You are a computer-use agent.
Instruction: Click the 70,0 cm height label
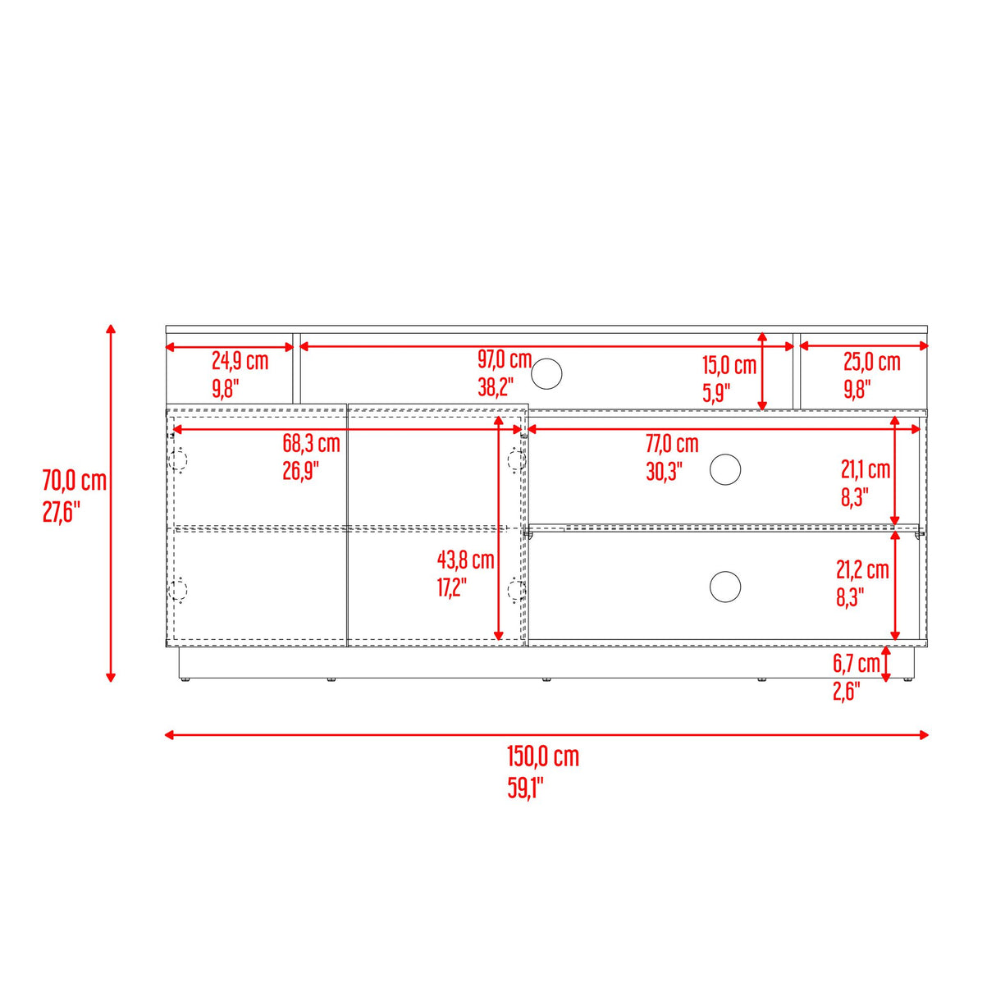[75, 480]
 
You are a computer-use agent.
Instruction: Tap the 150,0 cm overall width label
[543, 756]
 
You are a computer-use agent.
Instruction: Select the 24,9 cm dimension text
[240, 361]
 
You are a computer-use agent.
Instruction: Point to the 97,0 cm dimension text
[505, 359]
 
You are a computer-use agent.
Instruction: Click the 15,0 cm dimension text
[729, 366]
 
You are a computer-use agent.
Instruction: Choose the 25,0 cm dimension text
[871, 362]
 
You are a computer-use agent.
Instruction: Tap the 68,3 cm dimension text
[311, 444]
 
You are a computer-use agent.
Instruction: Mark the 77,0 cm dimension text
[672, 444]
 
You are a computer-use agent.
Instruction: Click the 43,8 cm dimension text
[465, 560]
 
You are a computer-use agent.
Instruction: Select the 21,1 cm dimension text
[866, 470]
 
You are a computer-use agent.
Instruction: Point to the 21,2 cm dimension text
[862, 569]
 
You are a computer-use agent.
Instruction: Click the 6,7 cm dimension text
[856, 664]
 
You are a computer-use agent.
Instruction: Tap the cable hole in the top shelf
[546, 374]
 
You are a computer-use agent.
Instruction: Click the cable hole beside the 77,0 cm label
[725, 470]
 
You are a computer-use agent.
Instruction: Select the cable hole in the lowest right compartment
[725, 587]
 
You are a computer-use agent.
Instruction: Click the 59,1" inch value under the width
[525, 788]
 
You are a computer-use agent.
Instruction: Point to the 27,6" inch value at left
[62, 512]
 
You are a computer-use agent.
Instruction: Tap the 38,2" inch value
[496, 386]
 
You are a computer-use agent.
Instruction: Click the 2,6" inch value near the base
[845, 692]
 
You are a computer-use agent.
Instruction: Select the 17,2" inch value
[451, 587]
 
